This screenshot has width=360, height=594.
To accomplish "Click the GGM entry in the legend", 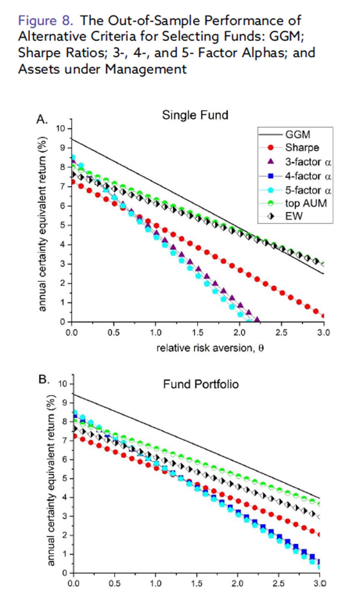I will click(x=297, y=134).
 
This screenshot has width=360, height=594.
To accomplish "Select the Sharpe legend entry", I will click(x=302, y=148).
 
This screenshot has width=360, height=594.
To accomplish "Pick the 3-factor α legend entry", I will click(x=307, y=162).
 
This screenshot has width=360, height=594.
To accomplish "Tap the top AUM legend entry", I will click(x=305, y=203).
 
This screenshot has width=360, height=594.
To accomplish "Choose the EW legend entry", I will click(x=294, y=216).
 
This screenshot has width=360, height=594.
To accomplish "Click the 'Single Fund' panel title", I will click(x=195, y=115).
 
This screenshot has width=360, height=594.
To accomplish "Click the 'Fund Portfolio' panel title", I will click(x=201, y=384).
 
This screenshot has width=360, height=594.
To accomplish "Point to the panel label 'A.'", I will click(x=42, y=119).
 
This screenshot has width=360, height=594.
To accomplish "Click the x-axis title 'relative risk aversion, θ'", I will click(x=210, y=348).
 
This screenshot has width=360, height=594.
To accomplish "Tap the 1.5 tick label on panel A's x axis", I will click(x=197, y=333).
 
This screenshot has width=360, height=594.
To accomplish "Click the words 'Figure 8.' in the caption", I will click(x=45, y=20).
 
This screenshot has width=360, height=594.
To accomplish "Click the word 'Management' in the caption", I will click(x=145, y=69).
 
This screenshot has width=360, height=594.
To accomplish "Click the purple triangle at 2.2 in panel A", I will click(x=257, y=320).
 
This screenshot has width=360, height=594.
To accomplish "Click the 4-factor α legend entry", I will click(x=307, y=176).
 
